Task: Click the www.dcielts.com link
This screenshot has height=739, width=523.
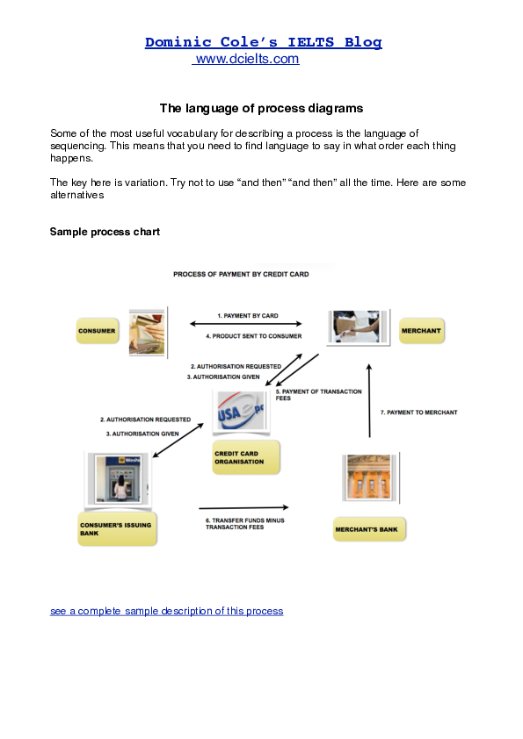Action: coord(247,59)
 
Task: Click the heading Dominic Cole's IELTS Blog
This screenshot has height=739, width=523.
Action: coord(263,42)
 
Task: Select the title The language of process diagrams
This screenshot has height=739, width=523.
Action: coord(261,108)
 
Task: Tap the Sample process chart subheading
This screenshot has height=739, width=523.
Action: coord(105,232)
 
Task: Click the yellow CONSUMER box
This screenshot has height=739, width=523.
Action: coord(97,331)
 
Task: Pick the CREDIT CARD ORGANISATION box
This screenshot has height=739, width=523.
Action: coord(245,457)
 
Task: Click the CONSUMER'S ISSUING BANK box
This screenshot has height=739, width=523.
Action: coord(117,527)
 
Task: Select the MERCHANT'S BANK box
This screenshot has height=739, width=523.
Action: coord(369,529)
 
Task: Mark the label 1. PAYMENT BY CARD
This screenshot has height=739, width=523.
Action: coord(247,315)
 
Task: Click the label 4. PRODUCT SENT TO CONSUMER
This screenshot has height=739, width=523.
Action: coord(253,336)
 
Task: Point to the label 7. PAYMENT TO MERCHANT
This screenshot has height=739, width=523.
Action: coord(418,412)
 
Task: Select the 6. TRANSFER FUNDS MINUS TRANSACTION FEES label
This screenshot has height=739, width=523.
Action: coord(245,523)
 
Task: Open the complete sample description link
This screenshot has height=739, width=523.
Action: coord(166,611)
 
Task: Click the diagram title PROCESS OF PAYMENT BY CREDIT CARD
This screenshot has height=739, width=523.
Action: coord(241,274)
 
